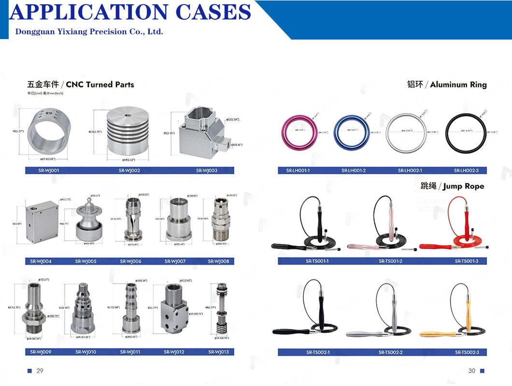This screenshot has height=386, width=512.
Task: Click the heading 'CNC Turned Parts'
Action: (x=100, y=84)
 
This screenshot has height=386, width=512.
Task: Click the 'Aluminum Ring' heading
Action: (x=458, y=85)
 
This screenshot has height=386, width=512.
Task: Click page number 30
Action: (x=471, y=371)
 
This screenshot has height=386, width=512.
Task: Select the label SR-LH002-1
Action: (x=410, y=170)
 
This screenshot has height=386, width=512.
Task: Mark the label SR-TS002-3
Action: (x=466, y=352)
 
